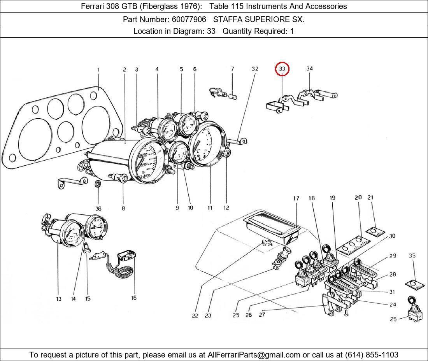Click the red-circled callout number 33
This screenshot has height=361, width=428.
tap(282, 69)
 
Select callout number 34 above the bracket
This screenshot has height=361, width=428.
tap(309, 69)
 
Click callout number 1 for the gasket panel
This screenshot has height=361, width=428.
tap(98, 70)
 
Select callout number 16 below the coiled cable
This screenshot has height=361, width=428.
tap(133, 298)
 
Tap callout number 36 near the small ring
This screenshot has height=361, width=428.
tap(98, 209)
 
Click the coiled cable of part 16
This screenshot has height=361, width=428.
tap(123, 271)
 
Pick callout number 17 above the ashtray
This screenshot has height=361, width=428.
tap(296, 198)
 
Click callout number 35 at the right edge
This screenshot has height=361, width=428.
tap(412, 256)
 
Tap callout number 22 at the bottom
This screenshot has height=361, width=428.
tap(195, 315)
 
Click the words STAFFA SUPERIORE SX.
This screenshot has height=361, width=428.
tap(259, 19)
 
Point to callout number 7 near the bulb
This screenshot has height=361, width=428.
tap(232, 69)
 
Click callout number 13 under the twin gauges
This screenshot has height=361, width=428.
tap(58, 299)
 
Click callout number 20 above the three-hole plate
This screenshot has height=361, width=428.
tap(358, 198)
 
